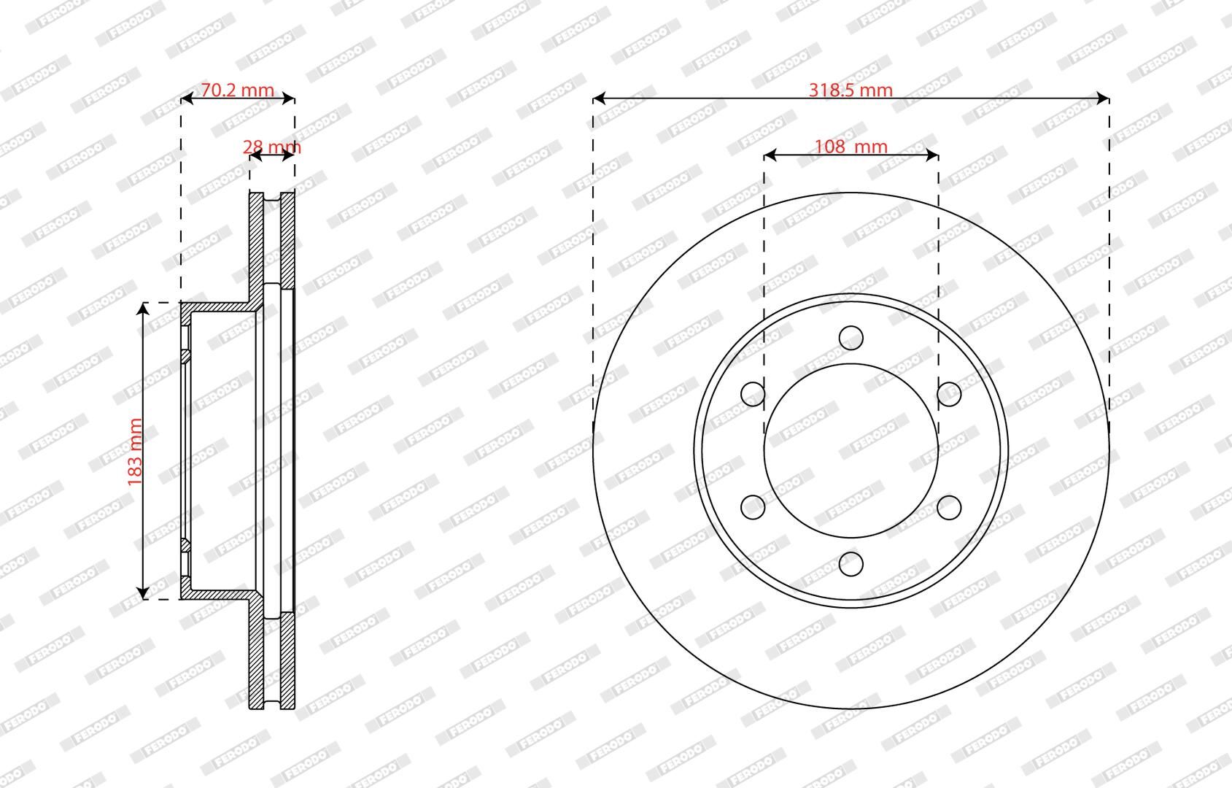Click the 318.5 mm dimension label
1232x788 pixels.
coord(851,90)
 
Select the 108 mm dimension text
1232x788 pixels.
coord(851,147)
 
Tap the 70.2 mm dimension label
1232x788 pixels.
coord(237,90)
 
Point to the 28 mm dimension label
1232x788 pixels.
coord(271,147)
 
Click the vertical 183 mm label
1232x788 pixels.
coord(135,452)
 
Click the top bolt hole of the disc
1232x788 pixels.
coord(851,337)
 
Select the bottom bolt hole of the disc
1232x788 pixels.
coord(851,564)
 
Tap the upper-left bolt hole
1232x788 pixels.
coord(753,394)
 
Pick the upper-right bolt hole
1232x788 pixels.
coord(949,394)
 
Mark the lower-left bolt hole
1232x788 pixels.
coord(753,507)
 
